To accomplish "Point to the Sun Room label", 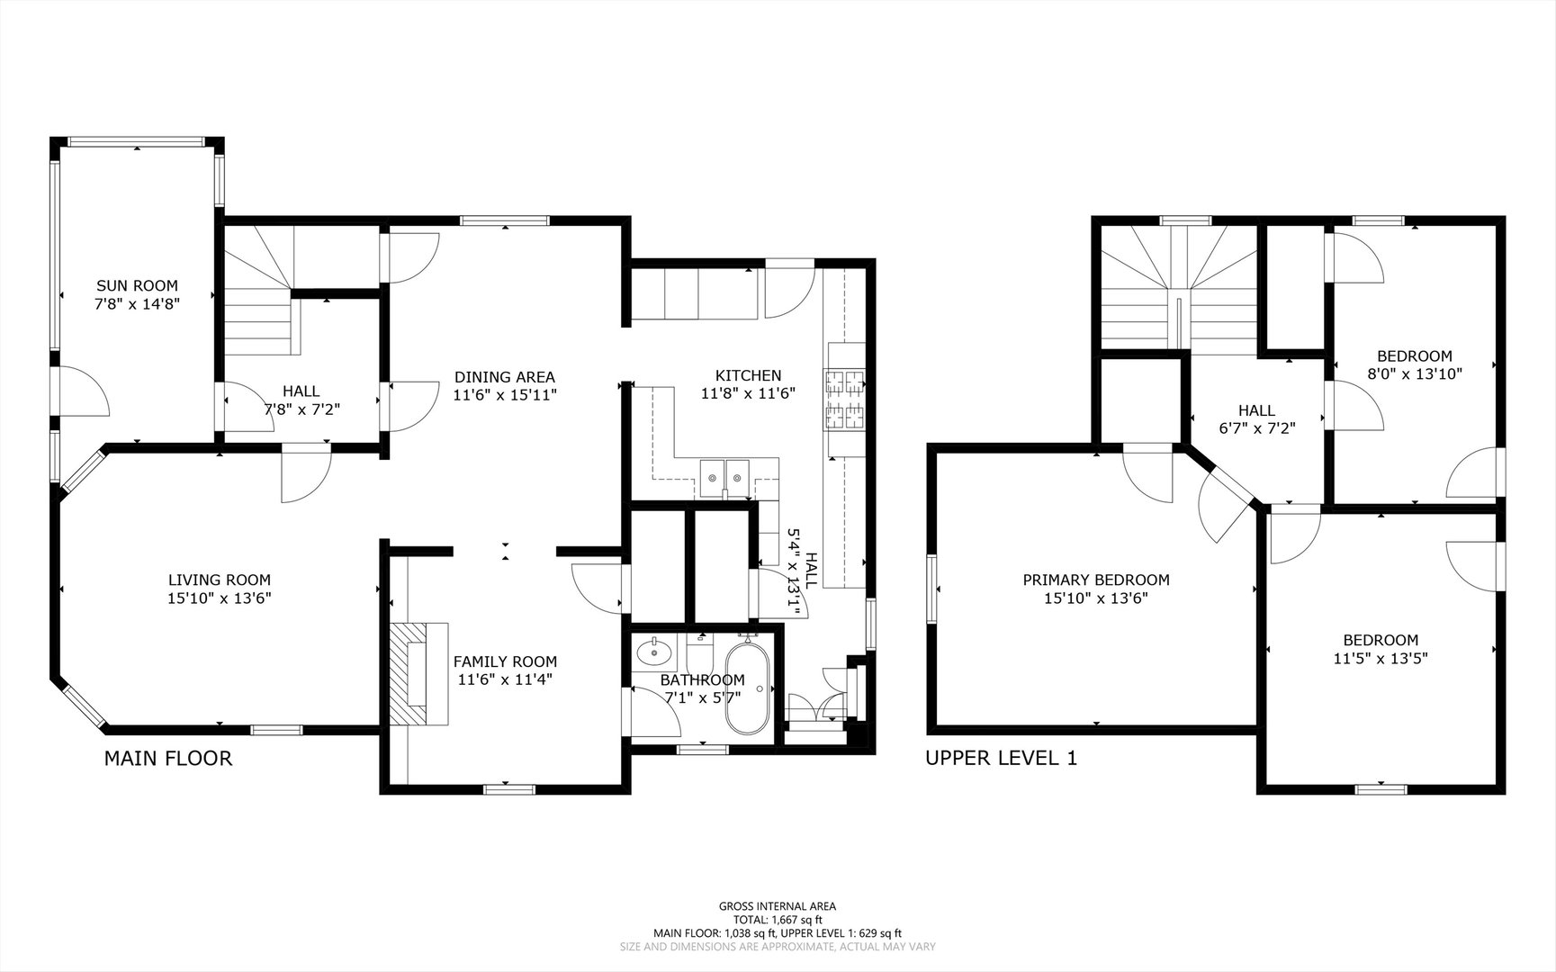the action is click(138, 286).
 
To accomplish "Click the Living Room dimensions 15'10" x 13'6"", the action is click(220, 598).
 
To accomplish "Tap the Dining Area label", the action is click(505, 377).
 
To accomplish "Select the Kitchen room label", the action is click(748, 375).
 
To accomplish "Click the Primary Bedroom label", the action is click(1096, 580).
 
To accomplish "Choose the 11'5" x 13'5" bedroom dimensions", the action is click(1381, 658).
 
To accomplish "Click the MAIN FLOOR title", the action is click(168, 759).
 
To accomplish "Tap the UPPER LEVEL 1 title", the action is click(1002, 759).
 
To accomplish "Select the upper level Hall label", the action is click(1256, 410).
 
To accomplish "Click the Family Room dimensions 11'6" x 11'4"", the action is click(505, 679).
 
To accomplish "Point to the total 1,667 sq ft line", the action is click(778, 920).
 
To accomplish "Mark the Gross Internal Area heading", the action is click(778, 906).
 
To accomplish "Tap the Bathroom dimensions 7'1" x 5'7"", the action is click(702, 697).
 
